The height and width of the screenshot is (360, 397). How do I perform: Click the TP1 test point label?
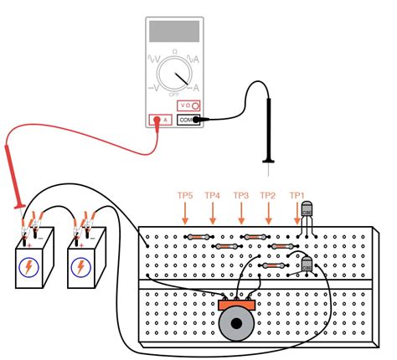296,195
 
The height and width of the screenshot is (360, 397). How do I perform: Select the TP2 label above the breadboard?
268,195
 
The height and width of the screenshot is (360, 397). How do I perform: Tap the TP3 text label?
241,195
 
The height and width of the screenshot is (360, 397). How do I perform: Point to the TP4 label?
213,195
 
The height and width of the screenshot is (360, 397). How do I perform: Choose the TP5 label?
185,195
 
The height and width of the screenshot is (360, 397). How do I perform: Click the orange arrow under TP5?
185,214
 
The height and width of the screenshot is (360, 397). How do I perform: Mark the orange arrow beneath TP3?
241,214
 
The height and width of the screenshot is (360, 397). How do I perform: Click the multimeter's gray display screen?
174,33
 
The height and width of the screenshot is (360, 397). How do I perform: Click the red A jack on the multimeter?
158,120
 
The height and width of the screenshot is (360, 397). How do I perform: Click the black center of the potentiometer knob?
235,324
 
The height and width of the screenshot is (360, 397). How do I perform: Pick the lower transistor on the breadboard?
307,265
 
